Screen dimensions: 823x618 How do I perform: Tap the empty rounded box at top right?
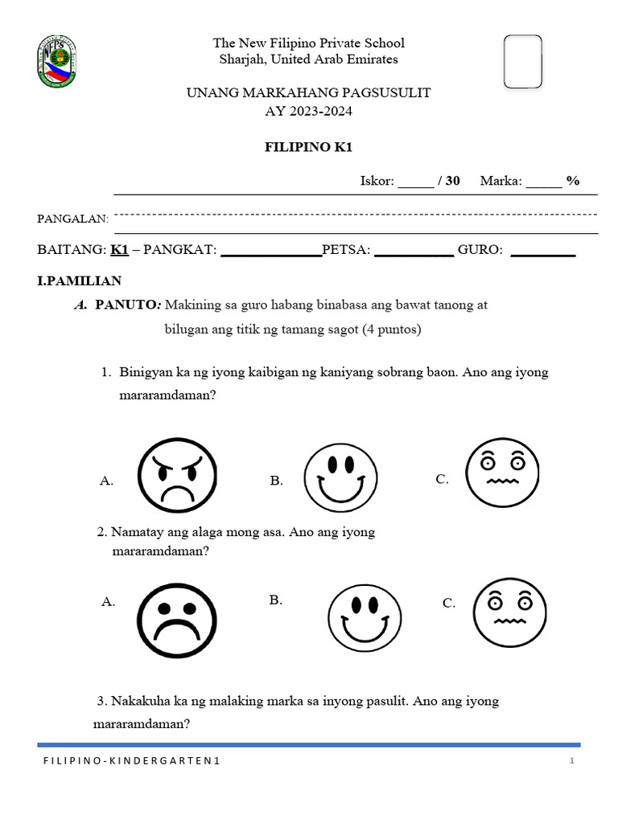coord(522,61)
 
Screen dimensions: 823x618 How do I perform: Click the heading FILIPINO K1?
coord(308,147)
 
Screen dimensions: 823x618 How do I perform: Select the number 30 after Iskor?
coord(452,181)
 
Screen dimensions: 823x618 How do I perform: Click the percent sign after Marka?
coord(572,181)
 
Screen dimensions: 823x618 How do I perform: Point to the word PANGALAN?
coord(72,219)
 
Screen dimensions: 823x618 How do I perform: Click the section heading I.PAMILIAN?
coord(79,280)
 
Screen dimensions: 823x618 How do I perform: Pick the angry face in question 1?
coord(177,479)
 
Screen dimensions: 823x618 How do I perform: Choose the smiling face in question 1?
coord(340,479)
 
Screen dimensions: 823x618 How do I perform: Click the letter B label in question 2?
coord(275,600)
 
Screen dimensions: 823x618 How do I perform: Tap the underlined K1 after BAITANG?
coord(119,250)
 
